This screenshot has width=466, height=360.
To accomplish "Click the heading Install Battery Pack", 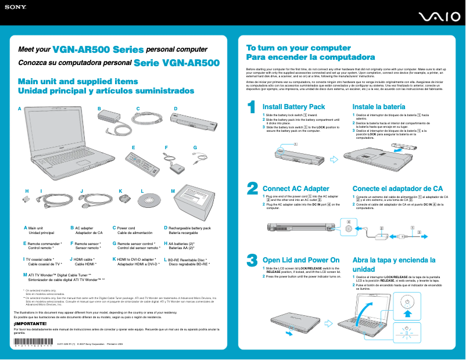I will coord(293,107).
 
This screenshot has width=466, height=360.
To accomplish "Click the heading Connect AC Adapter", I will coord(296,189).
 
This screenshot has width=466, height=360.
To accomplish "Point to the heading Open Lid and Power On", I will coord(301,260).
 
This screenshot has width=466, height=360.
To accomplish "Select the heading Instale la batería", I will coord(379,107).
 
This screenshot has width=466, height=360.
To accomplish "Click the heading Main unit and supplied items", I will coord(78,82).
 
